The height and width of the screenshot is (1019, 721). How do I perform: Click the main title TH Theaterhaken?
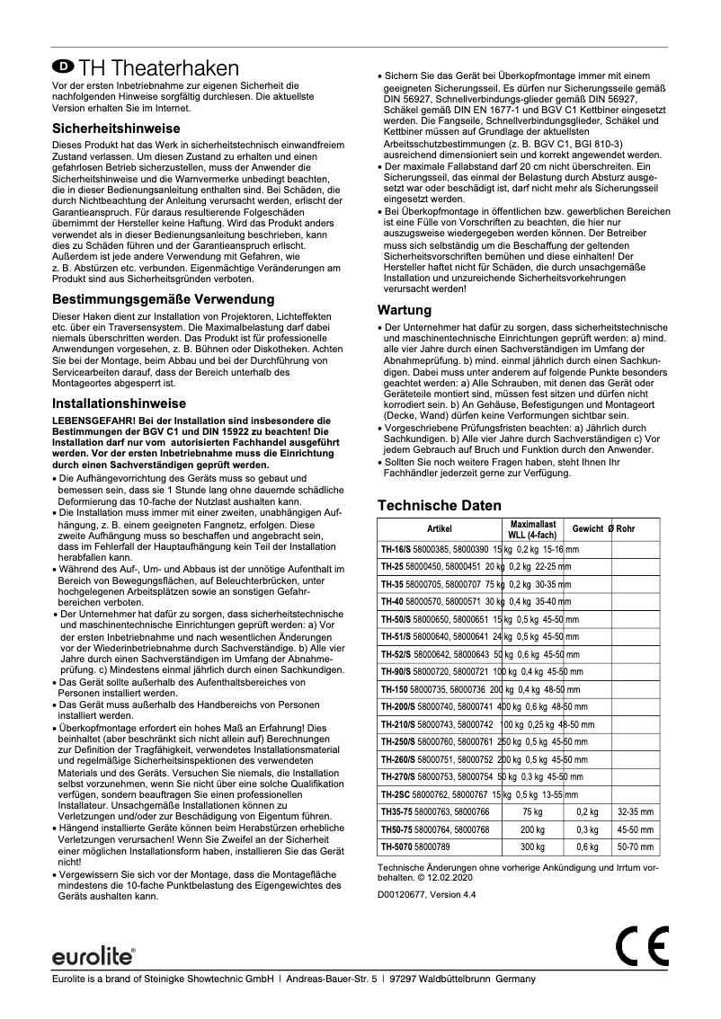pyautogui.click(x=158, y=68)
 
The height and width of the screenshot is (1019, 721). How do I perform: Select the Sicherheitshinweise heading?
pyautogui.click(x=116, y=128)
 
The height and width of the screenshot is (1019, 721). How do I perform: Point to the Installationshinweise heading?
pyautogui.click(x=120, y=403)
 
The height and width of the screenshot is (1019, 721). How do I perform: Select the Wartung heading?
pyautogui.click(x=404, y=310)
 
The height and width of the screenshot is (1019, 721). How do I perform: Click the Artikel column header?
pyautogui.click(x=439, y=528)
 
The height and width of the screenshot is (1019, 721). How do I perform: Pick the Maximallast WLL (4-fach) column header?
pyautogui.click(x=533, y=528)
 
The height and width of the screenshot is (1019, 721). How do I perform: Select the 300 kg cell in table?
pyautogui.click(x=533, y=846)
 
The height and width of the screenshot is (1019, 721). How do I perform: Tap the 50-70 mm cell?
pyautogui.click(x=635, y=846)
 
